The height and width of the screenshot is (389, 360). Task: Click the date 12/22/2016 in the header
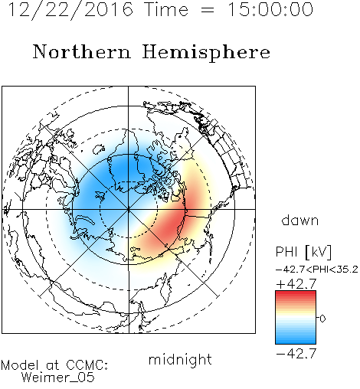(70, 10)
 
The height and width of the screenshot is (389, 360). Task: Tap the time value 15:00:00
(270, 10)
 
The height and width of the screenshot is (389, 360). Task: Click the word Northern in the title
(82, 52)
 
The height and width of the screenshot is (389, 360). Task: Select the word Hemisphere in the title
(206, 53)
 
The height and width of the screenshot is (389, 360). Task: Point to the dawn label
(300, 220)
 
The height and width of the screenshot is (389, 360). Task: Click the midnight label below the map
(180, 359)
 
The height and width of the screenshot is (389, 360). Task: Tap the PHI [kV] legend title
(303, 252)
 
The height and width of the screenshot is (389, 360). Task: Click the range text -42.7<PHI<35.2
(317, 270)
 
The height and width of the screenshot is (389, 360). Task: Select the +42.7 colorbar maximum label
(296, 284)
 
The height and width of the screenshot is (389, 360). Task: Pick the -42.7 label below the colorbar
(296, 354)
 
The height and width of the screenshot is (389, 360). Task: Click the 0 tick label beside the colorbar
(322, 319)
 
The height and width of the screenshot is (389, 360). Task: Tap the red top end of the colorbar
(296, 293)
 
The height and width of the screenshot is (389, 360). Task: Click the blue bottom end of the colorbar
(296, 342)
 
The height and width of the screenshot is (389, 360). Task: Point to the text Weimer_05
(58, 378)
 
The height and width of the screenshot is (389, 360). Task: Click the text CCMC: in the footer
(87, 365)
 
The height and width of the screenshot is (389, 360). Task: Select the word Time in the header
(166, 10)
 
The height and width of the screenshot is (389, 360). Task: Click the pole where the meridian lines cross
(129, 209)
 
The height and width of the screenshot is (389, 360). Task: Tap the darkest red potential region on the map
(170, 225)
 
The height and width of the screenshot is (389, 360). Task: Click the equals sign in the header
(208, 11)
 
